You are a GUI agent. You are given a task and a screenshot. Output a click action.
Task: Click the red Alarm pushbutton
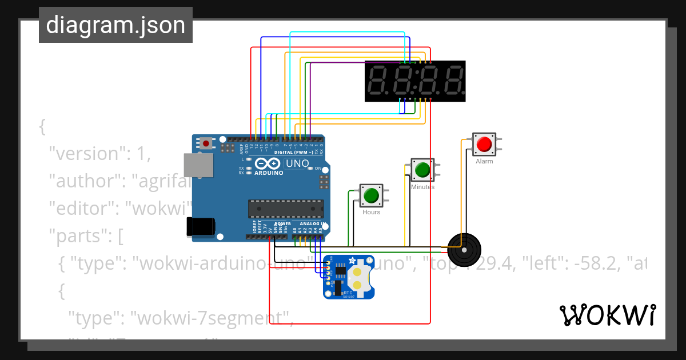pos(484,144)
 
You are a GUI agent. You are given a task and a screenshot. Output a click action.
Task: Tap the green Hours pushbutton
pos(371,195)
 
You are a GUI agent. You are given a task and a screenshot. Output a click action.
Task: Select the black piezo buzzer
pos(464,249)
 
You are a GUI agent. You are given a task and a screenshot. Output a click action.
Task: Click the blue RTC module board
pos(349,277)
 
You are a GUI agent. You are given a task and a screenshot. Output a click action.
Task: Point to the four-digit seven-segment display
pos(415,81)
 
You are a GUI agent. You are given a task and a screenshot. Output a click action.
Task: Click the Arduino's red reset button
pos(206,143)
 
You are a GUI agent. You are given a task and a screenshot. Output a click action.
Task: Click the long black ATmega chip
pos(285,209)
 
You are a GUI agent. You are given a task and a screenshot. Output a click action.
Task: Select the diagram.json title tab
pos(115,25)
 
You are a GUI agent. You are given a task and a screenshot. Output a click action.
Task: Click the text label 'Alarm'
pos(484,162)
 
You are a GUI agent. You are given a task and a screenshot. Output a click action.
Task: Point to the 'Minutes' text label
pos(422,187)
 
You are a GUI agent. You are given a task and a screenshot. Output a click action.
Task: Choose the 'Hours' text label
pos(371,212)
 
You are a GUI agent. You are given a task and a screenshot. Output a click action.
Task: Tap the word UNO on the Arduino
pos(297,164)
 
